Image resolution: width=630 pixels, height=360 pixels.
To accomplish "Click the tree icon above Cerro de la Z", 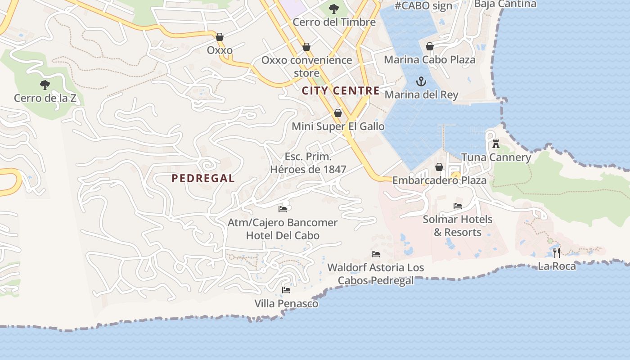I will tap(45, 85).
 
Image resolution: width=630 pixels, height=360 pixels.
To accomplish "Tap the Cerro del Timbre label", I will tap(334, 22).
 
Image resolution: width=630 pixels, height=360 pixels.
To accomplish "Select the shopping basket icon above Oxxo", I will tap(220, 37).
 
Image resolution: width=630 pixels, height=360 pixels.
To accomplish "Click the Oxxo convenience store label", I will tap(306, 66).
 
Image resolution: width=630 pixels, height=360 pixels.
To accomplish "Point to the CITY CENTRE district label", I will tap(341, 91).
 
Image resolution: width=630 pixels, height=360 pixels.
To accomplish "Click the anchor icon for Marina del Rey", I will tap(421, 81).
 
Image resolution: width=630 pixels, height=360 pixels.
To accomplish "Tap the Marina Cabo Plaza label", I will tap(429, 59).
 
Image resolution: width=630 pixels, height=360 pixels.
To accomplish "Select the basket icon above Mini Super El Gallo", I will tap(338, 113).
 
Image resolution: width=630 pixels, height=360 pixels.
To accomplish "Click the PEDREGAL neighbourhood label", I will tap(203, 178).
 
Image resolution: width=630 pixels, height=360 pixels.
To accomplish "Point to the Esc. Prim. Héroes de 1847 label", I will tap(308, 163).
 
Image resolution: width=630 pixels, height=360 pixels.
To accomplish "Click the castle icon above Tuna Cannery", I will tap(496, 144).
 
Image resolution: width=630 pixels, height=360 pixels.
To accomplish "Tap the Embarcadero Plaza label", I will tap(439, 180).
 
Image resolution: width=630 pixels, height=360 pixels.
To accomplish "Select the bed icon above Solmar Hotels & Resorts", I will tap(458, 206).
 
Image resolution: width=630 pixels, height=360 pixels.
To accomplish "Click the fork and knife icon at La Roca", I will tap(557, 252).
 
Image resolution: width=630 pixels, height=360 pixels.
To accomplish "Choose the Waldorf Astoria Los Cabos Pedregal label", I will tap(376, 274).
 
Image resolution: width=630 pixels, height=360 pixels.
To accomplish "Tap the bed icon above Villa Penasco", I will tap(286, 290).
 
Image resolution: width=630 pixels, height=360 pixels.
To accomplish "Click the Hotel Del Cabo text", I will tap(283, 235).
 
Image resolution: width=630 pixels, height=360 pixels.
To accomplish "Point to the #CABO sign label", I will tap(423, 6).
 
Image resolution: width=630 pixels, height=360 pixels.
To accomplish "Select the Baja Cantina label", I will tap(505, 4).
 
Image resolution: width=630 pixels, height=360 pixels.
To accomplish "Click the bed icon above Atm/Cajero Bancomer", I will tap(283, 209).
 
